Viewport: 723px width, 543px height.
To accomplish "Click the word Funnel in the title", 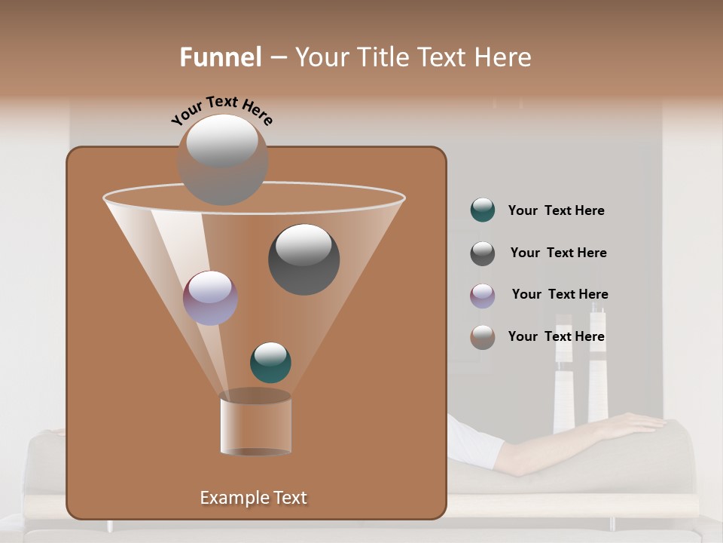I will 221,57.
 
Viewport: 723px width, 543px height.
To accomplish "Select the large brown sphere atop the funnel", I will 222,159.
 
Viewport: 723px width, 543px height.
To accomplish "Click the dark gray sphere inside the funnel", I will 304,259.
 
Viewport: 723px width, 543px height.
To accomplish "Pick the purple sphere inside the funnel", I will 211,298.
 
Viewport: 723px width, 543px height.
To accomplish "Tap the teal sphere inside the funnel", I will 270,362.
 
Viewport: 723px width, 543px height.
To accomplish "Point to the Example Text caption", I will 254,498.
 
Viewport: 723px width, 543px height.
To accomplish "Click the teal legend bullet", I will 483,210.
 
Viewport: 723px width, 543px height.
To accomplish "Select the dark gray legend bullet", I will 483,253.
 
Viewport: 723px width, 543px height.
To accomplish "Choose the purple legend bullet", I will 483,296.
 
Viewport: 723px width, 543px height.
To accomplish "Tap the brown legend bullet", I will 483,337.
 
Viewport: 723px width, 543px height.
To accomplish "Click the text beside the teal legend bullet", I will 556,211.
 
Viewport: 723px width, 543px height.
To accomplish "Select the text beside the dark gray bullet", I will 558,253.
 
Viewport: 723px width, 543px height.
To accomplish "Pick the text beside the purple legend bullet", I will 560,295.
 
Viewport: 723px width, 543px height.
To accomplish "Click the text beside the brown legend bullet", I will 556,337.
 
